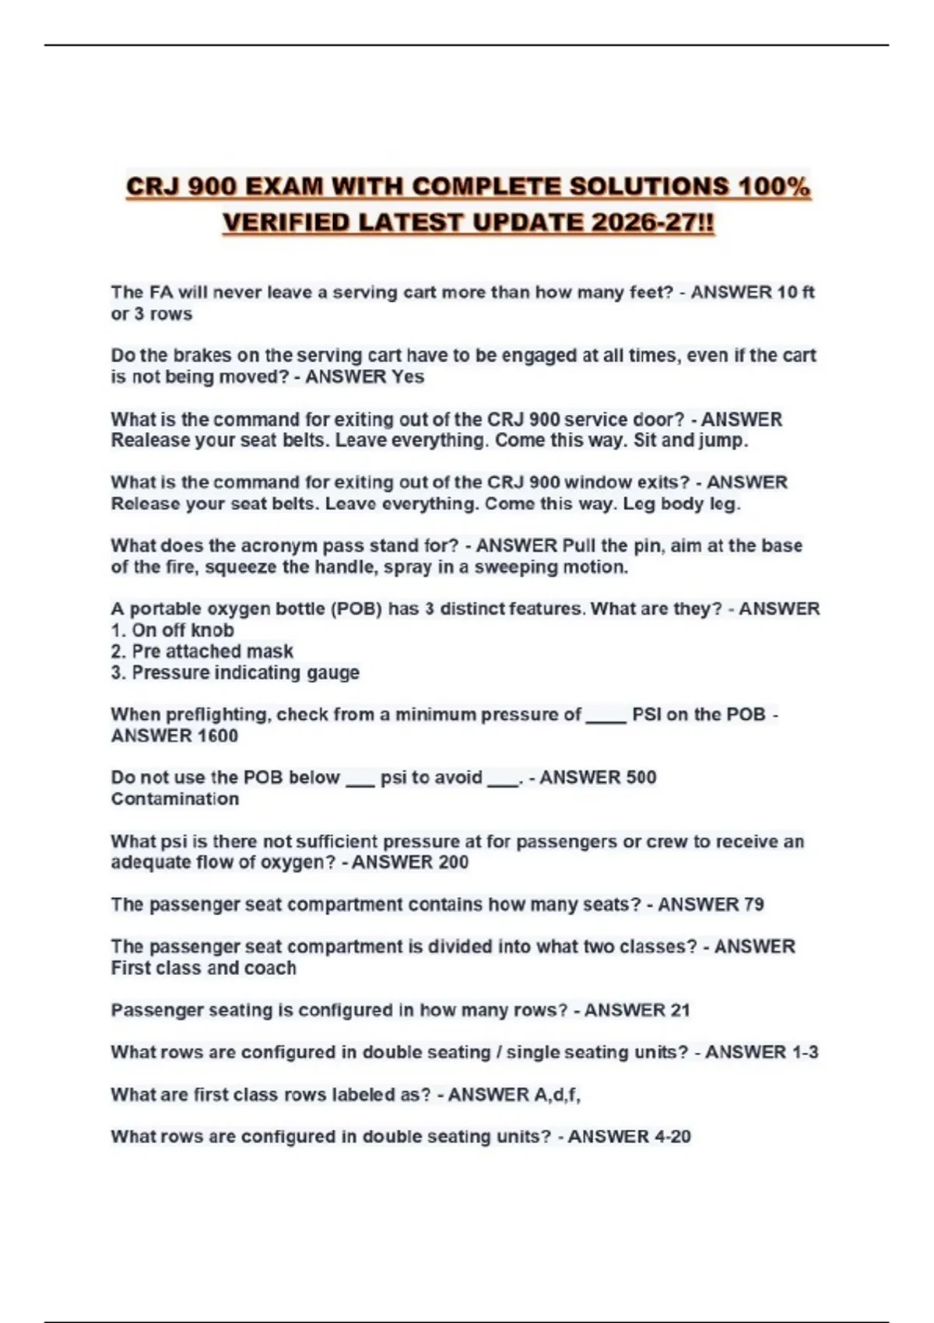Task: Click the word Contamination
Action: point(175,798)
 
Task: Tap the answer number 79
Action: point(753,904)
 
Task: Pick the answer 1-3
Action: point(805,1052)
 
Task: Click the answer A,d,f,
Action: point(557,1094)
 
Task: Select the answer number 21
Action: point(679,1010)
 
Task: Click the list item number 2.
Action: point(118,651)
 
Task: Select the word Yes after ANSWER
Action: point(408,377)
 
